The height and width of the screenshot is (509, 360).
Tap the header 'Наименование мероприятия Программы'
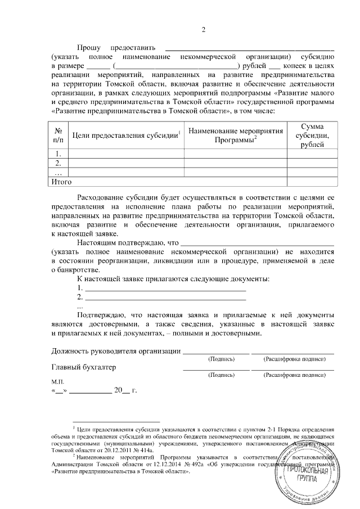point(235,136)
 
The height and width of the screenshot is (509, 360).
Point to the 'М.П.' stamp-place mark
point(58,381)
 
